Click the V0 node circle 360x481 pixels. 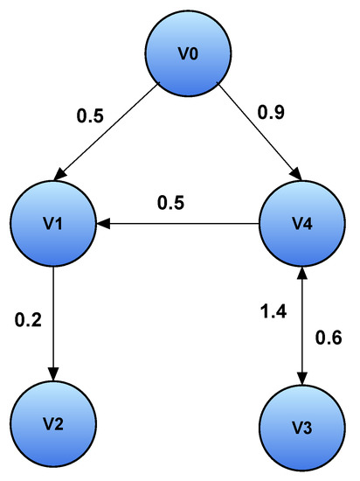tap(187, 53)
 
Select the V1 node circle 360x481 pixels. tap(54, 225)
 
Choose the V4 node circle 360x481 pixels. tap(301, 225)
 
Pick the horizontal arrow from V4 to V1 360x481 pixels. tap(179, 225)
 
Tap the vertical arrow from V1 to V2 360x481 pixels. tap(54, 324)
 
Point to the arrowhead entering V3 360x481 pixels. tap(301, 379)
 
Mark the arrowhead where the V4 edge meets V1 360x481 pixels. tap(103, 225)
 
